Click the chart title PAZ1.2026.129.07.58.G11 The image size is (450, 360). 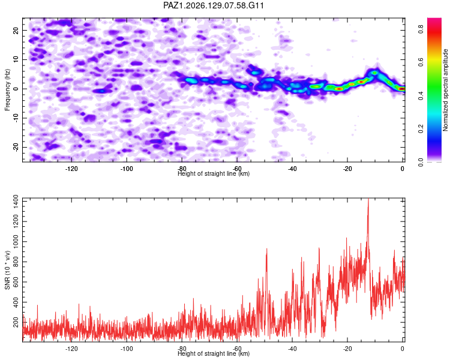(213, 5)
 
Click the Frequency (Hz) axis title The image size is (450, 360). (7, 90)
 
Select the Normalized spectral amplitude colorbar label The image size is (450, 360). (445, 90)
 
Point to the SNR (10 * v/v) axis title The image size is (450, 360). (7, 270)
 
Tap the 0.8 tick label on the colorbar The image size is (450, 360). (421, 29)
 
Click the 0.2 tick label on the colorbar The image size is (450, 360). (421, 128)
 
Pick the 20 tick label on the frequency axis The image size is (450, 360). (16, 31)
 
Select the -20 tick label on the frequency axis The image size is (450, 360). (16, 147)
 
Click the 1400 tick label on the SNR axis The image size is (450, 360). (16, 202)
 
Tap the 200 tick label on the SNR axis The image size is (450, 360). (16, 322)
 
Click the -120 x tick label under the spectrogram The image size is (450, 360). (71, 169)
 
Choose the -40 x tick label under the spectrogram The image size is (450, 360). (292, 169)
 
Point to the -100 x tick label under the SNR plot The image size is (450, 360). (127, 349)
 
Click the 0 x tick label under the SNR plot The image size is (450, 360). (403, 349)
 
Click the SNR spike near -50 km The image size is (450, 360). (266, 250)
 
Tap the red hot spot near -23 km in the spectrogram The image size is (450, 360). (339, 89)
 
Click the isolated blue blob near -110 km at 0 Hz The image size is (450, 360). (101, 91)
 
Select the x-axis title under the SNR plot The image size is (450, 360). (214, 353)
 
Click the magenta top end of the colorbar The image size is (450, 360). (434, 19)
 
